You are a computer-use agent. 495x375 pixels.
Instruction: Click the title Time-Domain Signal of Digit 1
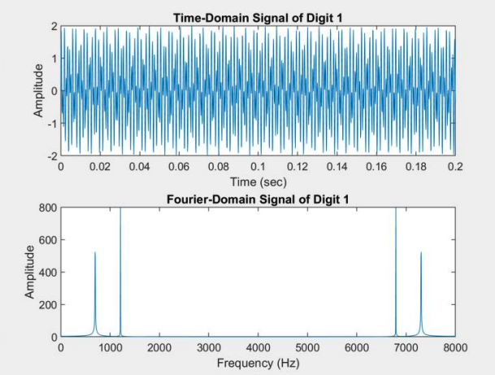pyautogui.click(x=258, y=17)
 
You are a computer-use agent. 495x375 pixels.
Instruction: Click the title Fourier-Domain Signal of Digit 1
pyautogui.click(x=258, y=199)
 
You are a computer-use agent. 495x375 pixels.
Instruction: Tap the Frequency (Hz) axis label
pyautogui.click(x=258, y=362)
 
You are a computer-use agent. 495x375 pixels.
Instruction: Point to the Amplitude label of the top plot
pyautogui.click(x=38, y=90)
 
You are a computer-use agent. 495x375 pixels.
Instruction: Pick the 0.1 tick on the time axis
pyautogui.click(x=258, y=166)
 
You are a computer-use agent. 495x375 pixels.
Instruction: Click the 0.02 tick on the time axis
pyautogui.click(x=100, y=166)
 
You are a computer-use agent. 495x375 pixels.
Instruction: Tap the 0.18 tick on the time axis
pyautogui.click(x=415, y=166)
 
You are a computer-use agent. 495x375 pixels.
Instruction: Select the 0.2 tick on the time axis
pyautogui.click(x=454, y=166)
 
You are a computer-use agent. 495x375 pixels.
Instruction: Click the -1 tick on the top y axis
pyautogui.click(x=53, y=123)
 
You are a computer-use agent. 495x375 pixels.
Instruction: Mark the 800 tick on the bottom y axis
pyautogui.click(x=48, y=207)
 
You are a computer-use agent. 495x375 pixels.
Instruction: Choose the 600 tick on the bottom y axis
pyautogui.click(x=48, y=240)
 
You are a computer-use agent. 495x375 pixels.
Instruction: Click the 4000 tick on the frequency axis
pyautogui.click(x=258, y=347)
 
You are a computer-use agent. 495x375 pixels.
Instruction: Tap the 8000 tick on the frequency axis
pyautogui.click(x=454, y=347)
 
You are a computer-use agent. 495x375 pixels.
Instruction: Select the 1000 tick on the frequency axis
pyautogui.click(x=111, y=347)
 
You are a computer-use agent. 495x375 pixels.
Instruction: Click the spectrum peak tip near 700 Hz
pyautogui.click(x=95, y=252)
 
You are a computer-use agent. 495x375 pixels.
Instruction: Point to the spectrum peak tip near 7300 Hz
pyautogui.click(x=421, y=252)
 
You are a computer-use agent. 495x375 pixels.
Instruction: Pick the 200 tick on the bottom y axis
pyautogui.click(x=48, y=304)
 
